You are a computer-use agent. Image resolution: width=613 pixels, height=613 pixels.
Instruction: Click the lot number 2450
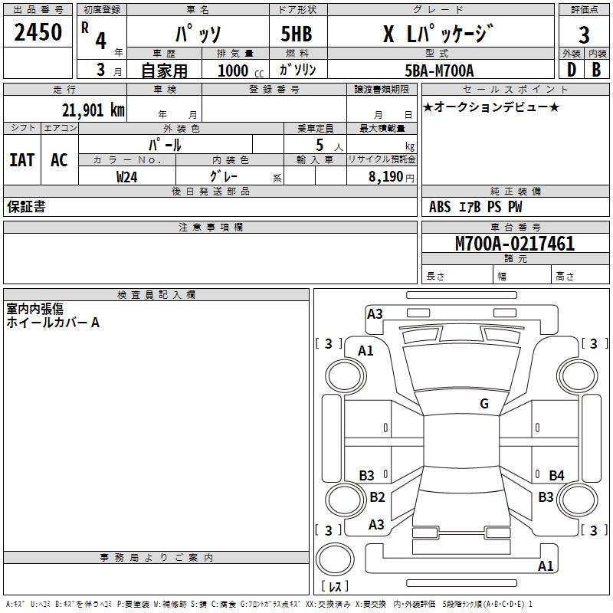38,32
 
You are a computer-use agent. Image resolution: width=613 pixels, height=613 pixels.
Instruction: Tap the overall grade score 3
584,35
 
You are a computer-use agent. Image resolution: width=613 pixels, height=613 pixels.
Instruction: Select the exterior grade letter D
571,70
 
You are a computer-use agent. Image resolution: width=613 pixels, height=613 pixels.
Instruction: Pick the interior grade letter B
596,70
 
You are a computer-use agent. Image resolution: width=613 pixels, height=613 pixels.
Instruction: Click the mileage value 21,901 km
93,110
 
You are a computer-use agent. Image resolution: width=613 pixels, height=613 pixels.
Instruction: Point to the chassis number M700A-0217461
515,243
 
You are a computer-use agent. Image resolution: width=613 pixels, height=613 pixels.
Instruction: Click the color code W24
126,177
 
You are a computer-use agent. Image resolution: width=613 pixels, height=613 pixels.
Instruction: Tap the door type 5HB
297,34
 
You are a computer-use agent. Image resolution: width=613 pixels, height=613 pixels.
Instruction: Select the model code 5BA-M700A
439,70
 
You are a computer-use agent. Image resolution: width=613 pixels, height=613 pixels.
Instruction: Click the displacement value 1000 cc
241,70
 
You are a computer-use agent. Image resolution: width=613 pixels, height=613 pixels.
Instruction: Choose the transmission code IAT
22,160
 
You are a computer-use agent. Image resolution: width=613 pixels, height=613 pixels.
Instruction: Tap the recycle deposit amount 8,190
385,177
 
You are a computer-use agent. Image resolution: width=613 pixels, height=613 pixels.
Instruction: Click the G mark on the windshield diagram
484,403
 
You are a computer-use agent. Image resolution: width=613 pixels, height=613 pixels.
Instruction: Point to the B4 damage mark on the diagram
556,475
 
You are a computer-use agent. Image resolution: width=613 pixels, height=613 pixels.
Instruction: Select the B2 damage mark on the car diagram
377,497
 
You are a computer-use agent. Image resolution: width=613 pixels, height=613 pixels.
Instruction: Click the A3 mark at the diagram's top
375,314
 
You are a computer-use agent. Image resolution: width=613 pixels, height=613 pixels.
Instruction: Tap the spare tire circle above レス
335,559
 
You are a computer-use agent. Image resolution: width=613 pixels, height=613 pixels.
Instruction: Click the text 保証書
26,206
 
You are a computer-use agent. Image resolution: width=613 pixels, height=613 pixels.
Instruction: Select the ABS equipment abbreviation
439,207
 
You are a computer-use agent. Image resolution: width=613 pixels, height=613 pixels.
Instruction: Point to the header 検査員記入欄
156,295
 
